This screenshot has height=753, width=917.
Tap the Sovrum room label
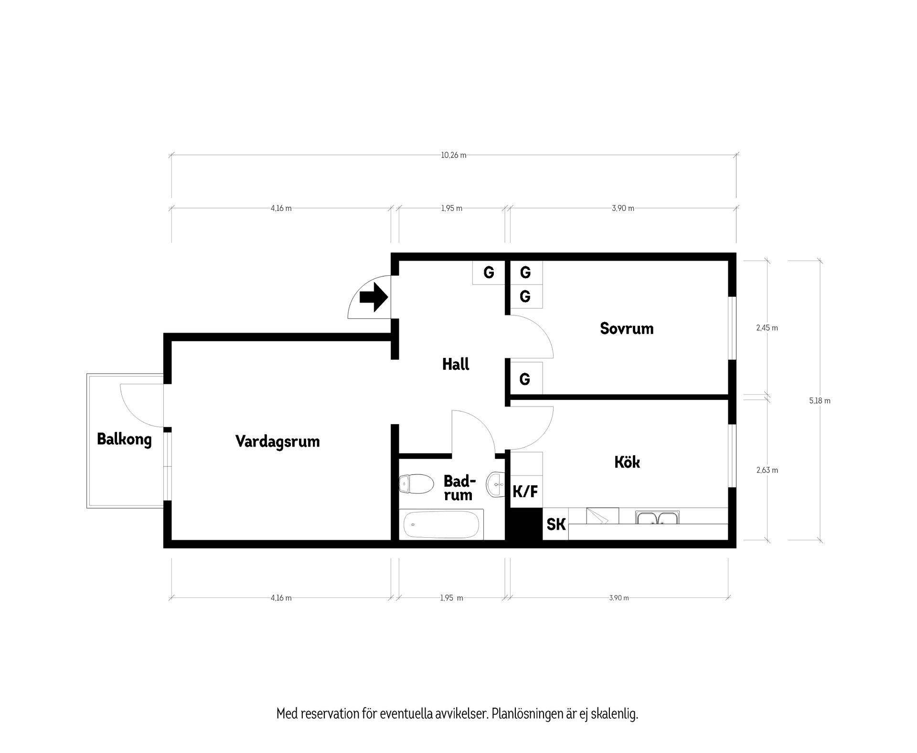[627, 328]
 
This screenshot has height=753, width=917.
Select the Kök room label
[627, 462]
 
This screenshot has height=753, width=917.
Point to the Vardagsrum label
[277, 441]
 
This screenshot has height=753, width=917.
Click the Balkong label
[124, 439]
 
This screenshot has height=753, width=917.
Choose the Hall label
[456, 365]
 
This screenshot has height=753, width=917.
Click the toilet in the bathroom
[415, 483]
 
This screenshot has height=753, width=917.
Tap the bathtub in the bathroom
[441, 524]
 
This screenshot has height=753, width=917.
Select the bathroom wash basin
[495, 484]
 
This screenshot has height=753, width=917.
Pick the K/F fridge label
[525, 491]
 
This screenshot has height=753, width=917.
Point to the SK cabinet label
[556, 524]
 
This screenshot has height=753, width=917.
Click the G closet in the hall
[489, 272]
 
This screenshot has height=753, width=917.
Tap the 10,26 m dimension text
[454, 155]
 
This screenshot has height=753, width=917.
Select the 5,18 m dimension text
[820, 401]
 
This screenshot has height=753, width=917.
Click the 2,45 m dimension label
[767, 328]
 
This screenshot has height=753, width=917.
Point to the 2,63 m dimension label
[767, 470]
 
